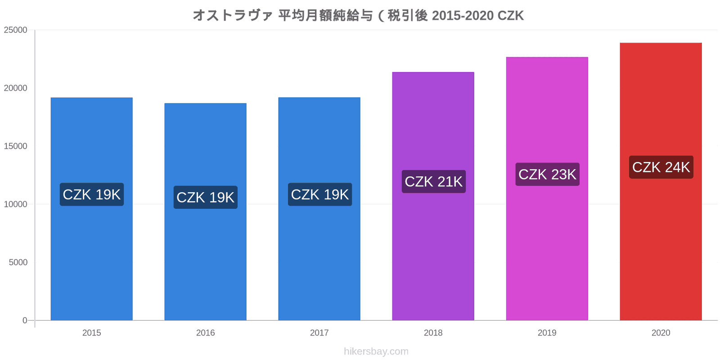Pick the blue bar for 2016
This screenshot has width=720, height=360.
click(205, 261)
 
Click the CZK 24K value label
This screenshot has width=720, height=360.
click(661, 167)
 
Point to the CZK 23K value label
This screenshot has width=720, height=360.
click(547, 175)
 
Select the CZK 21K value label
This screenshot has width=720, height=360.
click(433, 182)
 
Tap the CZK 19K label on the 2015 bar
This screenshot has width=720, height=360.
click(92, 195)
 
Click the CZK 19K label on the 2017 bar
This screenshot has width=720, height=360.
click(319, 195)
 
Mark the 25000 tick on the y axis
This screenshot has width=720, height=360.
click(16, 30)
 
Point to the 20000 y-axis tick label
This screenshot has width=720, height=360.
click(16, 88)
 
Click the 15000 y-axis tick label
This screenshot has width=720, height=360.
click(16, 146)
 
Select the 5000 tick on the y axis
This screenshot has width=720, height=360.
click(18, 262)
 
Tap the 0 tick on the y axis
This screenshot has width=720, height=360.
click(25, 320)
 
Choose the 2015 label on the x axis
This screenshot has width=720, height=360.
click(92, 333)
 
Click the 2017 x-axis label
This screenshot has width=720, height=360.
click(319, 333)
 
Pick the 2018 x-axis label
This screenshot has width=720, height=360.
click(433, 333)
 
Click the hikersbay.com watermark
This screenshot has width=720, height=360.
click(376, 351)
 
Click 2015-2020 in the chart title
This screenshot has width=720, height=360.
click(463, 16)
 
